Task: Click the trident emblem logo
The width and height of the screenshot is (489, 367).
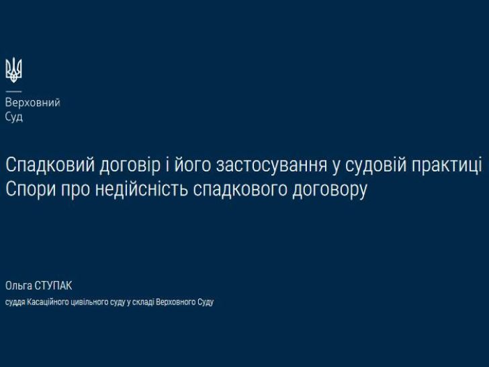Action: click(x=13, y=70)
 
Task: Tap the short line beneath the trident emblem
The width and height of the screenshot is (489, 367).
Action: click(x=13, y=91)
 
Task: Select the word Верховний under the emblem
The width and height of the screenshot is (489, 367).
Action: click(x=33, y=103)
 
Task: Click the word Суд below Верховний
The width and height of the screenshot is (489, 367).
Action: click(x=14, y=117)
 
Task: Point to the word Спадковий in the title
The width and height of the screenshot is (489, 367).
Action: click(x=50, y=165)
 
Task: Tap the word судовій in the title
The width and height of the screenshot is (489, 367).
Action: click(x=376, y=165)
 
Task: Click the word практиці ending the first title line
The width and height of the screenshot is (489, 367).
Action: click(x=447, y=166)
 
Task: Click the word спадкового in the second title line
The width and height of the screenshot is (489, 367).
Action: click(x=240, y=190)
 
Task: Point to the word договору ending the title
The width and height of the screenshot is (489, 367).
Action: click(x=330, y=190)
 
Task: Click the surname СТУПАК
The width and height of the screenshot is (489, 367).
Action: click(x=53, y=286)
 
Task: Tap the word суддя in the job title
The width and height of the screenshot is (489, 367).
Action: click(x=15, y=302)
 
